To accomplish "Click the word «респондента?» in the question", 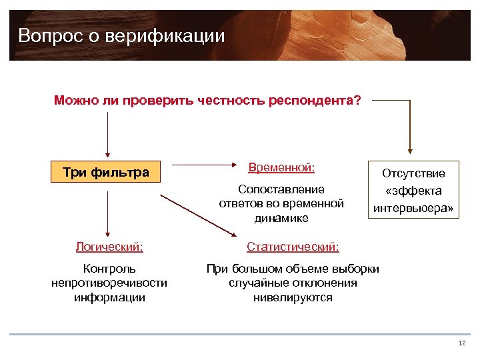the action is pyautogui.click(x=315, y=101).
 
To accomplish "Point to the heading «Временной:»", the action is pyautogui.click(x=281, y=165).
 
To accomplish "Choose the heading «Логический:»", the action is pyautogui.click(x=109, y=247).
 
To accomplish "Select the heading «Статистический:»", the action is pyautogui.click(x=293, y=247).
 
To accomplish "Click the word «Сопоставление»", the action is pyautogui.click(x=281, y=189).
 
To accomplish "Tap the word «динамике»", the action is pyautogui.click(x=281, y=217).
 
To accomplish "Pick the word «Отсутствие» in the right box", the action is pyautogui.click(x=413, y=173).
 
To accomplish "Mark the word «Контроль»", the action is pyautogui.click(x=109, y=269).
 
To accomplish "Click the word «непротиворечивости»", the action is pyautogui.click(x=109, y=283).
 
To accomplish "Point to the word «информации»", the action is pyautogui.click(x=109, y=297).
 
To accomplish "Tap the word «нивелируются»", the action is pyautogui.click(x=293, y=297).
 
